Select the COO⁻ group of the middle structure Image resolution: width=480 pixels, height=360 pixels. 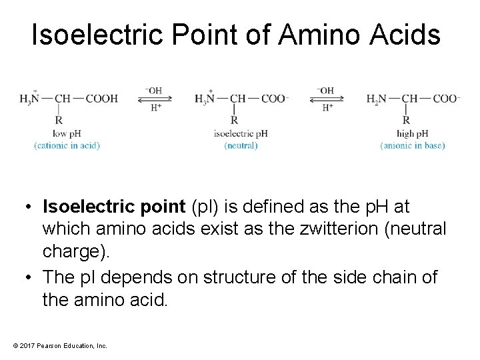(x=275, y=99)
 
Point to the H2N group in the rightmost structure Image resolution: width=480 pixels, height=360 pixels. (x=377, y=99)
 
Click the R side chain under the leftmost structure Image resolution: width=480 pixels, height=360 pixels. (x=59, y=121)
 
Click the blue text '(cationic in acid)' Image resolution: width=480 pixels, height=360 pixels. (x=67, y=145)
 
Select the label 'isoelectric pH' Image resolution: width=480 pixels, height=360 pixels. (x=241, y=133)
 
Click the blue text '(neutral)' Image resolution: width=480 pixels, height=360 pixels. (x=241, y=145)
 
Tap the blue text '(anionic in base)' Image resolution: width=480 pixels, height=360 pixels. (x=413, y=145)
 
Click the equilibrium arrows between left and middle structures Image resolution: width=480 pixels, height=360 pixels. (x=154, y=99)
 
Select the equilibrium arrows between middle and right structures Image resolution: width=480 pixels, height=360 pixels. (x=326, y=99)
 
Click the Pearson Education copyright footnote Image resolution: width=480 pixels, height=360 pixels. (x=59, y=345)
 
